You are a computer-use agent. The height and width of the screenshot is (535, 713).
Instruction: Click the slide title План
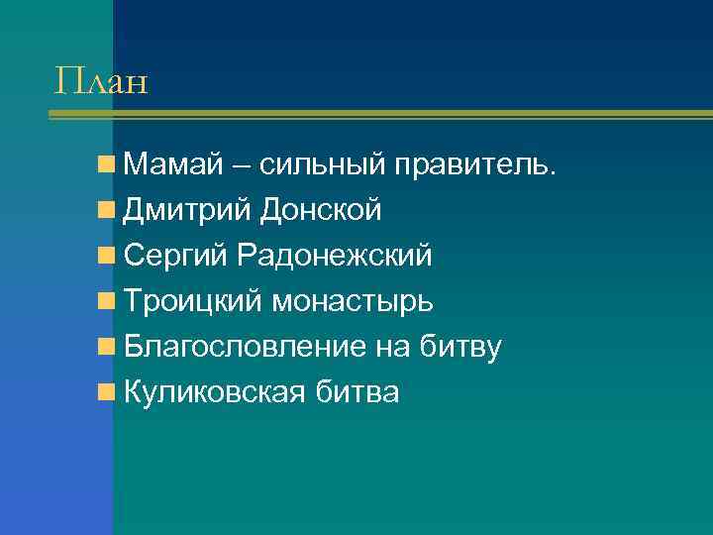pyautogui.click(x=101, y=79)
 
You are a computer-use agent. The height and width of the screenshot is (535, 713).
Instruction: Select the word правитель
pyautogui.click(x=482, y=164)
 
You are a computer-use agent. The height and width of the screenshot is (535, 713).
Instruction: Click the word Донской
pyautogui.click(x=322, y=210)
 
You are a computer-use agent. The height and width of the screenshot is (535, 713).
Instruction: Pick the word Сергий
pyautogui.click(x=177, y=256)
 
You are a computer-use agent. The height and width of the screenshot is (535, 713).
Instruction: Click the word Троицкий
pyautogui.click(x=192, y=301)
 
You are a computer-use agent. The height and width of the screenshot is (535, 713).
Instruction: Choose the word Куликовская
pyautogui.click(x=217, y=392)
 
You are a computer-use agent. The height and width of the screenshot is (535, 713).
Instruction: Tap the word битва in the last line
pyautogui.click(x=357, y=392)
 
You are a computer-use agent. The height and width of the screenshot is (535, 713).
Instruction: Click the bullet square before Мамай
pyautogui.click(x=106, y=164)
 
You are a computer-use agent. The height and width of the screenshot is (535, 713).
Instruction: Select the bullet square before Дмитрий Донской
pyautogui.click(x=106, y=210)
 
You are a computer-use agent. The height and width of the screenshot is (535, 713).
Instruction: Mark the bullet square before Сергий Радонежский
pyautogui.click(x=106, y=256)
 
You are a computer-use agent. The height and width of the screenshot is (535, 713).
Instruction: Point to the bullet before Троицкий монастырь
pyautogui.click(x=106, y=301)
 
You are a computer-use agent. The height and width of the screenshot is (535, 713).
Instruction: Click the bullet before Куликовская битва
pyautogui.click(x=106, y=392)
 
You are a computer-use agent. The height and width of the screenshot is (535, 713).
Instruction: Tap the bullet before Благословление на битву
pyautogui.click(x=106, y=347)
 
